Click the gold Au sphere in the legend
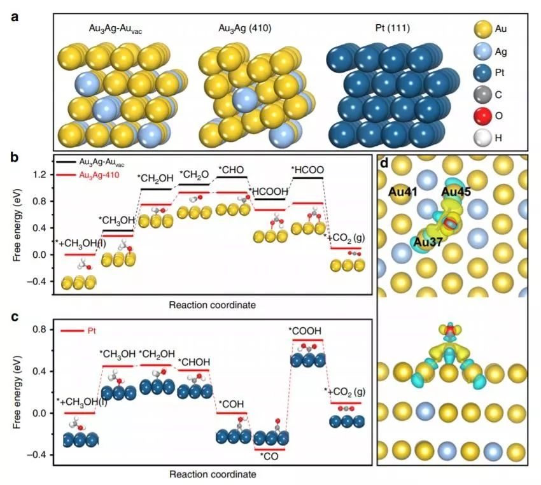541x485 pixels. click(x=484, y=29)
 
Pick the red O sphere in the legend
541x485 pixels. click(x=484, y=116)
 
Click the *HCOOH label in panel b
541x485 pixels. click(x=269, y=192)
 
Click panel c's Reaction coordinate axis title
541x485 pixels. click(x=213, y=474)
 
